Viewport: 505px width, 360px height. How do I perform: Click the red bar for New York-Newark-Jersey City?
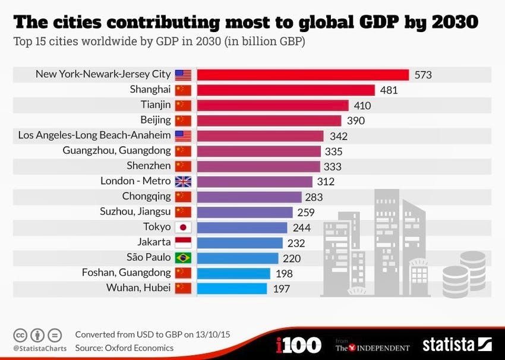[x=303, y=75]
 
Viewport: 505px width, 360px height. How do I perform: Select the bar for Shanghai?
[x=286, y=90]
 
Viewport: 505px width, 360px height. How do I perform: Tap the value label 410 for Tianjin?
[x=362, y=106]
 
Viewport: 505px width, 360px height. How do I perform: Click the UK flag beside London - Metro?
[x=183, y=181]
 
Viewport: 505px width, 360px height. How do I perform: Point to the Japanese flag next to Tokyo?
[x=183, y=227]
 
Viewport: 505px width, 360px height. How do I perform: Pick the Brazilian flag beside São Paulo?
[x=183, y=258]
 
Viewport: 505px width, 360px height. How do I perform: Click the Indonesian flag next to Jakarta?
[x=183, y=242]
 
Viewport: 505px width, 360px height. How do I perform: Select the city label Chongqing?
[x=146, y=197]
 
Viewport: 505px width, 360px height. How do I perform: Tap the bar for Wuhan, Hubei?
[x=232, y=288]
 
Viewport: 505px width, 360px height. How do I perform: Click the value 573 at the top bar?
[x=423, y=75]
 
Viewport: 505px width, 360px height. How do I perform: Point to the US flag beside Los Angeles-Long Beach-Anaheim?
[x=183, y=135]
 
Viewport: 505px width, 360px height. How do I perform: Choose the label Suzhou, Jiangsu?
[x=137, y=212]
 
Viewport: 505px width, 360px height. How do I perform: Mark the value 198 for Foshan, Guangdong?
[x=285, y=273]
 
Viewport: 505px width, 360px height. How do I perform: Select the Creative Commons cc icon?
[x=21, y=335]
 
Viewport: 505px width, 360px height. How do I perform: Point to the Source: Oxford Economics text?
[x=124, y=348]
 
